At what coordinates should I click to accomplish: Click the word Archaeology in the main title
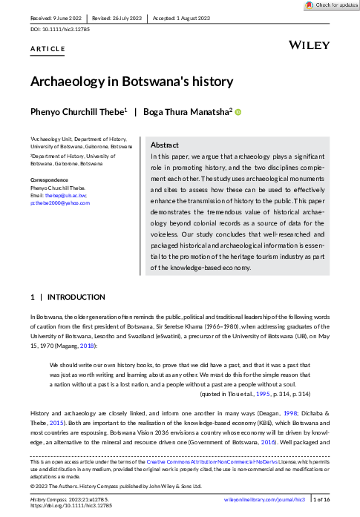pos(62,82)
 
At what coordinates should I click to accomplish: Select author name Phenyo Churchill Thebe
pos(77,111)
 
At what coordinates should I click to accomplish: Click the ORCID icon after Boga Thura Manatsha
pos(239,111)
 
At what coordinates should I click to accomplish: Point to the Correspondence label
pos(49,180)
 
